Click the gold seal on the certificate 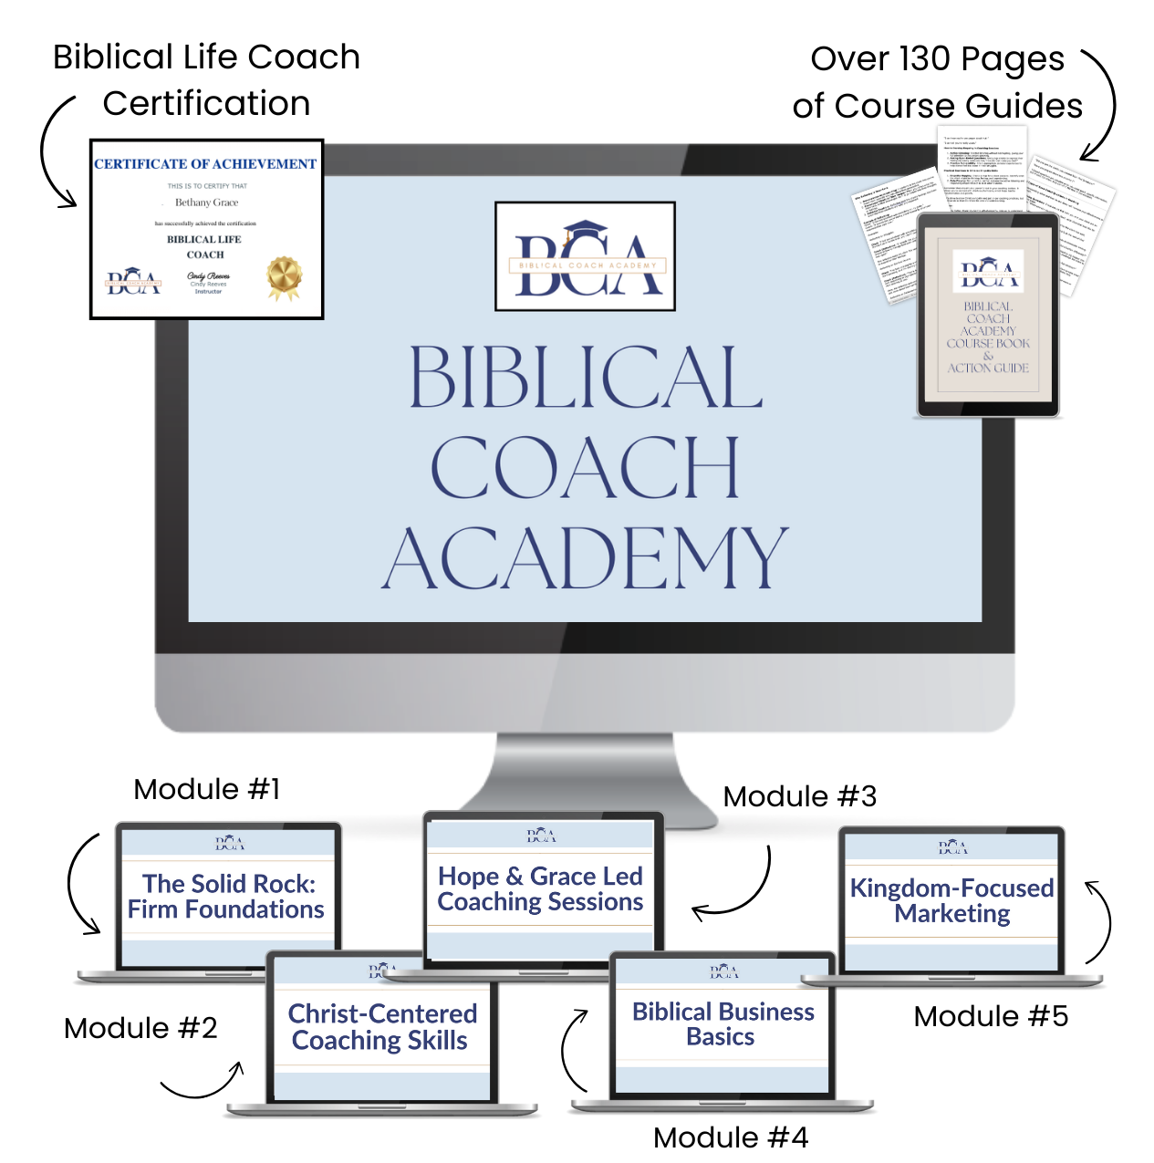(x=284, y=277)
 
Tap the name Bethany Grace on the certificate (x=206, y=202)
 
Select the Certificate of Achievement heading (x=205, y=164)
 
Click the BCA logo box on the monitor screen (x=585, y=256)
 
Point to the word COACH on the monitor (x=584, y=467)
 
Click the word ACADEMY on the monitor (x=584, y=558)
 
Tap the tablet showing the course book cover (x=988, y=315)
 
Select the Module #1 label (x=207, y=789)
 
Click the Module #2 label (x=140, y=1028)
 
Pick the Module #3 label (x=799, y=796)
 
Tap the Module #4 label (x=731, y=1137)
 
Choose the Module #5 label (x=991, y=1016)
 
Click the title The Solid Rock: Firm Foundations (x=227, y=897)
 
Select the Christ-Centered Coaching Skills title (x=381, y=1027)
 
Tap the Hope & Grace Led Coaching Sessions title (x=540, y=889)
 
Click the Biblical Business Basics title (x=723, y=1024)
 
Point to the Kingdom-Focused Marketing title (x=951, y=900)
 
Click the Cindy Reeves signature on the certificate (x=209, y=276)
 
